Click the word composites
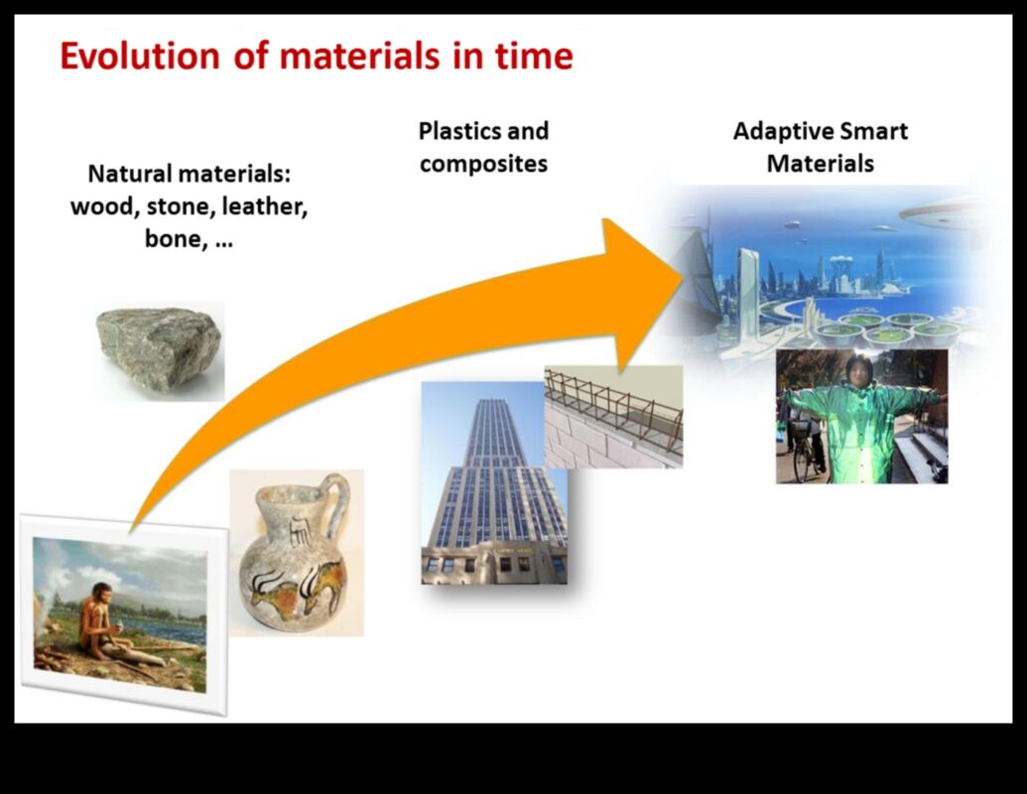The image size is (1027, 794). coord(483,164)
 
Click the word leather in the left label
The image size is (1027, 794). coord(264,207)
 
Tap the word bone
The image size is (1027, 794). coord(171,240)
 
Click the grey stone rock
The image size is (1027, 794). coord(159,347)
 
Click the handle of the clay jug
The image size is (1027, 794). coord(334,506)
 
